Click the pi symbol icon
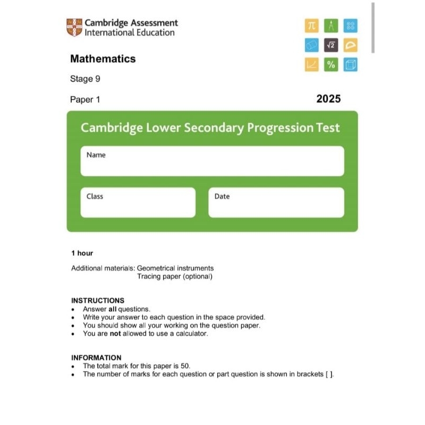point(311,25)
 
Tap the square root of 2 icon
point(331,45)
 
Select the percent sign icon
point(331,65)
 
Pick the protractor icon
point(351,45)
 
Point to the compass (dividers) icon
point(331,25)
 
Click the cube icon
point(351,65)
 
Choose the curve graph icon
point(311,65)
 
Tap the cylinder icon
point(311,45)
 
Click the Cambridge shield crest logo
point(74,28)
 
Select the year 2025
point(328,99)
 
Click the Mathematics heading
point(103,59)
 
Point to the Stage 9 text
point(85,79)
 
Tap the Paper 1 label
point(85,99)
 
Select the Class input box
point(138,202)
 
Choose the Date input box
point(276,202)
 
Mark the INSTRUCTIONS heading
point(98,300)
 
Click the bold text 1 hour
point(82,253)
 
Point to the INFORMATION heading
point(96,358)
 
